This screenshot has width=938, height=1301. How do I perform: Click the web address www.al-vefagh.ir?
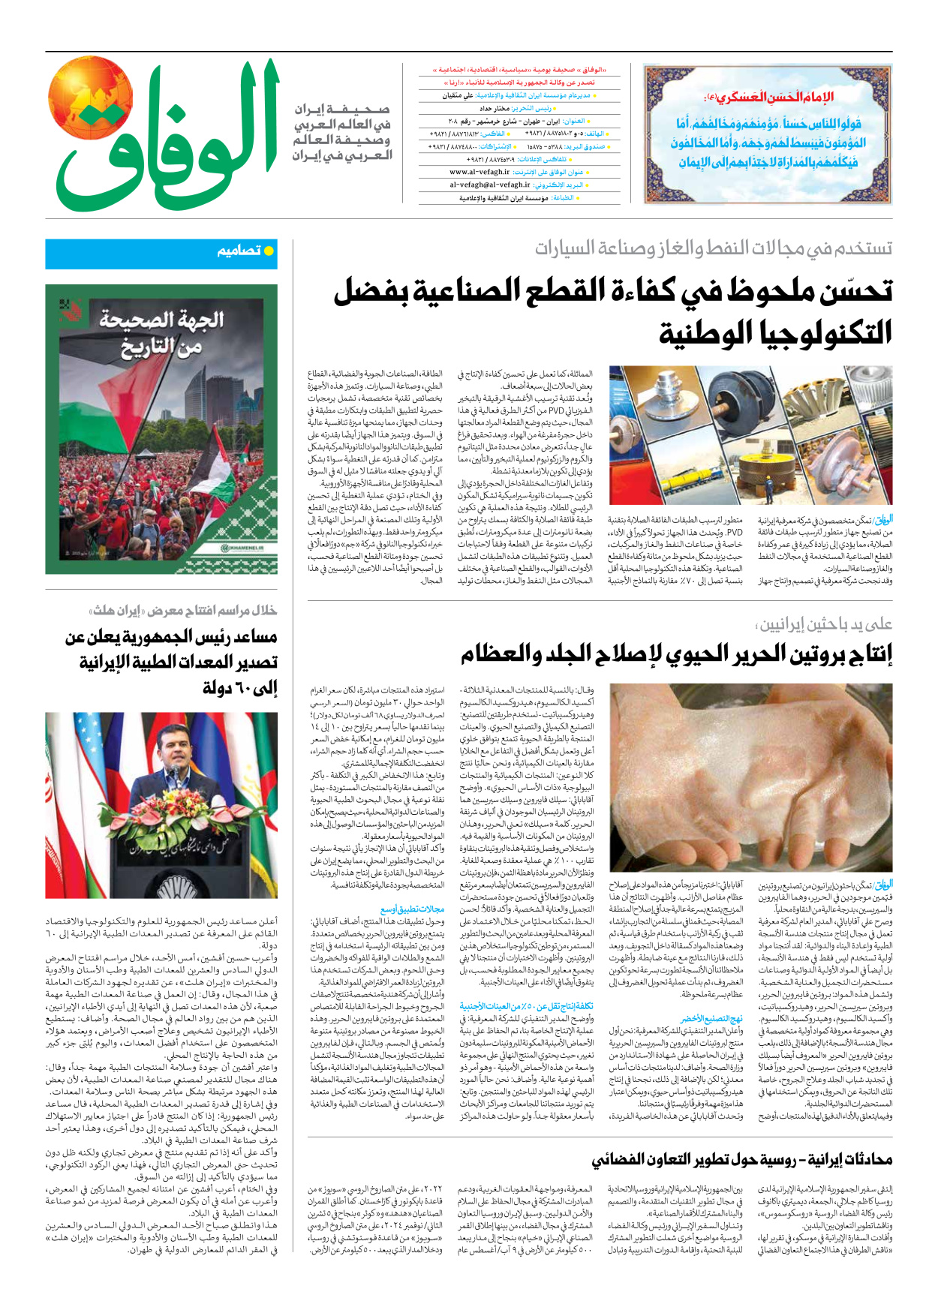click(x=480, y=172)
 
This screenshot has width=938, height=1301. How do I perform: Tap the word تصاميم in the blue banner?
click(x=239, y=251)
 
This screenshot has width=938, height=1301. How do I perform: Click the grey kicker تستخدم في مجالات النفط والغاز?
click(x=713, y=248)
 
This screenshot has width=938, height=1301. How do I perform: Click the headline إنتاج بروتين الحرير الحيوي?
click(x=676, y=654)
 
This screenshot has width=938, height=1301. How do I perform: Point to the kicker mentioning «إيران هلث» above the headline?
click(x=183, y=610)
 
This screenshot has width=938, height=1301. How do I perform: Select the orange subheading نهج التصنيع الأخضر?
click(x=711, y=1018)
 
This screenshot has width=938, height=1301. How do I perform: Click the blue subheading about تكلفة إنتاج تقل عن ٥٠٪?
click(x=526, y=1006)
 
